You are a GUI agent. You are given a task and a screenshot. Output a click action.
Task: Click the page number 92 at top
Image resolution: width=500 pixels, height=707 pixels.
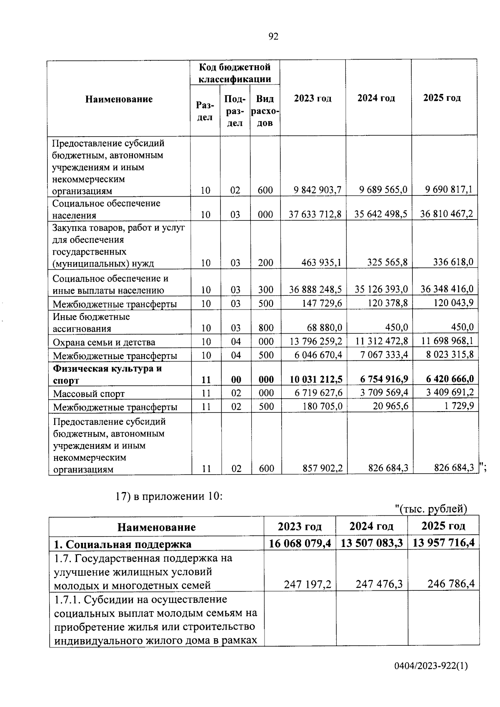tap(273, 37)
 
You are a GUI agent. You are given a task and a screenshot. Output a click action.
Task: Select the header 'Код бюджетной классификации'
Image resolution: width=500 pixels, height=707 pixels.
tap(235, 73)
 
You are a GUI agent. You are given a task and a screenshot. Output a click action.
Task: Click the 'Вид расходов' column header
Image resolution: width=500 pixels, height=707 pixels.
tap(265, 111)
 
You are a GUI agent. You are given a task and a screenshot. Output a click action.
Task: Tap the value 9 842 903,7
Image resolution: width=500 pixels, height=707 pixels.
tap(317, 190)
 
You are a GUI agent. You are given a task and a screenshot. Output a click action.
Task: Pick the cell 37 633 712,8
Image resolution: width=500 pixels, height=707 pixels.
tap(315, 214)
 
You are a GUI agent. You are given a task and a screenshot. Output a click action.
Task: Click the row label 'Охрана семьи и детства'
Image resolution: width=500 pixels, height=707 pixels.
tap(104, 342)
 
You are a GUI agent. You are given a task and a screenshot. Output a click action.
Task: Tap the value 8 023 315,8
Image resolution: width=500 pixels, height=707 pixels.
tap(447, 355)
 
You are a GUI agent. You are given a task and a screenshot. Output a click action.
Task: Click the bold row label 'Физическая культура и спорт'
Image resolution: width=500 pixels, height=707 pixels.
tap(107, 374)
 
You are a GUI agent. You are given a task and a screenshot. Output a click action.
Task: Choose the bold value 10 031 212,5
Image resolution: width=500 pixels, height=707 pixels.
tap(316, 379)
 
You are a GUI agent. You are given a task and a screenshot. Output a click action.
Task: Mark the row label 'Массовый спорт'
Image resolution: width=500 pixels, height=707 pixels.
tap(89, 394)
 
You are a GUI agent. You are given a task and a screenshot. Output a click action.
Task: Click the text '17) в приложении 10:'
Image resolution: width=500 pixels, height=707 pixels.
tap(169, 497)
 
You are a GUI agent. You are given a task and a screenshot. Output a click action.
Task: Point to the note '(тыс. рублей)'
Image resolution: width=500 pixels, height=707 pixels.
tap(431, 509)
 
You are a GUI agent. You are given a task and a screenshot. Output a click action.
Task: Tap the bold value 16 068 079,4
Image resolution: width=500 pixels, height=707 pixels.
tap(300, 543)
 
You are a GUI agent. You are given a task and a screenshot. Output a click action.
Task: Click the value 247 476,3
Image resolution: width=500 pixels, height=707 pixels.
tap(379, 584)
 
